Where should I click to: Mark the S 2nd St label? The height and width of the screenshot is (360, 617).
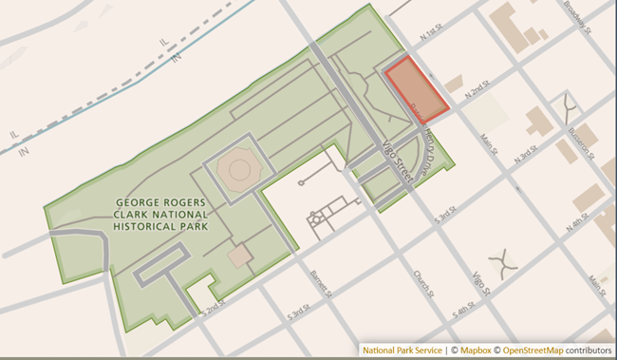(214, 309)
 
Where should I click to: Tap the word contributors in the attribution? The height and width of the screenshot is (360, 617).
(590, 350)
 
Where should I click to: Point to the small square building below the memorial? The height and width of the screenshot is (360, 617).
(240, 256)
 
